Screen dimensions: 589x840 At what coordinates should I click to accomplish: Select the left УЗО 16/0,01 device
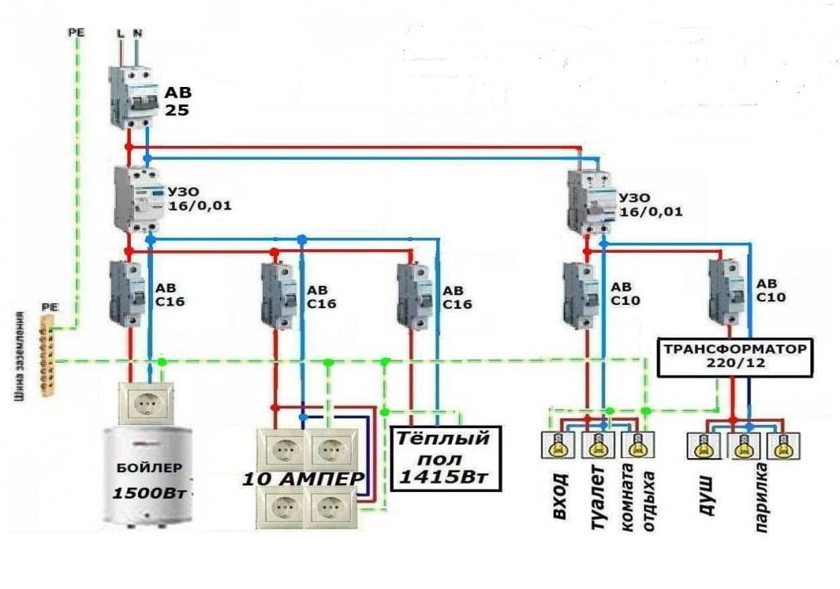(135, 199)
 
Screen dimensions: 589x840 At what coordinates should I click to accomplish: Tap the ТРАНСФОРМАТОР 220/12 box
(732, 355)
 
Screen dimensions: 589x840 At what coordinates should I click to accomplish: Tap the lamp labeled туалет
(596, 446)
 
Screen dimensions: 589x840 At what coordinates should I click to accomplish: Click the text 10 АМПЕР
(302, 480)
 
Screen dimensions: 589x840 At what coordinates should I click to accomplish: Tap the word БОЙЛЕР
(150, 468)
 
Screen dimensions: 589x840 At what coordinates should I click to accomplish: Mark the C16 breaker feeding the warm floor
(410, 295)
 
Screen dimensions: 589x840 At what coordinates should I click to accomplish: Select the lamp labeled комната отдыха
(635, 446)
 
